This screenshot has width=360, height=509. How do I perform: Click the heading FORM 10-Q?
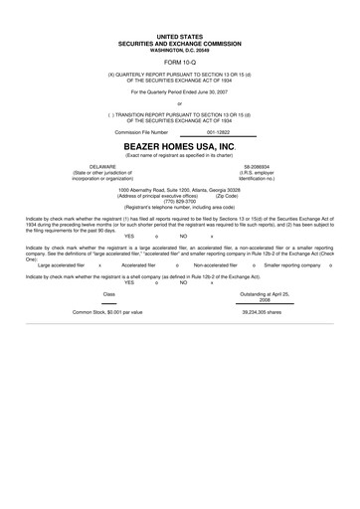[x=179, y=61]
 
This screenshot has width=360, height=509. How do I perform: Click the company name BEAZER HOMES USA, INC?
[x=179, y=144]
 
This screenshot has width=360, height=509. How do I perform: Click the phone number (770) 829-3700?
[x=179, y=201]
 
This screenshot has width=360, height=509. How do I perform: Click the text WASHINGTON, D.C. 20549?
[x=179, y=48]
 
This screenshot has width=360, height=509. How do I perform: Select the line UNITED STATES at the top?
[x=179, y=36]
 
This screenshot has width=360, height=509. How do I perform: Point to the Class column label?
[x=109, y=294]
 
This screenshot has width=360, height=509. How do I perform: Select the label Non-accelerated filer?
[x=215, y=265]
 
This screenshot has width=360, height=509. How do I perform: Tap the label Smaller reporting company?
[x=292, y=265]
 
